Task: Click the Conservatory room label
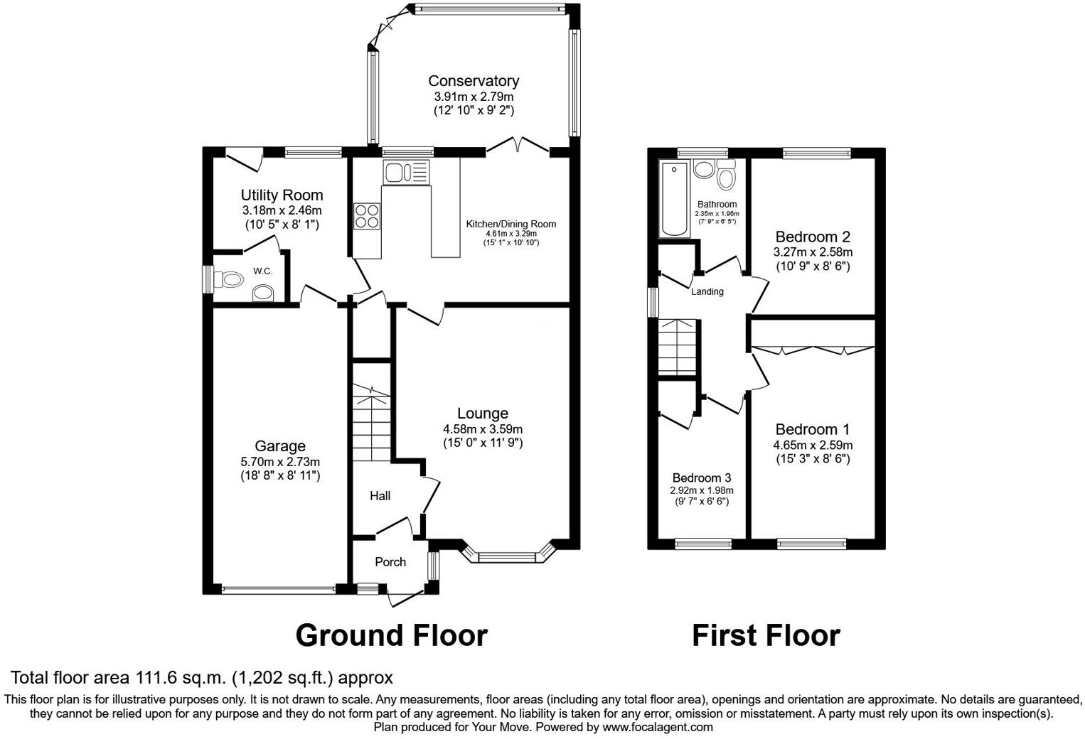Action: [473, 81]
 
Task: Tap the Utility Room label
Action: [282, 195]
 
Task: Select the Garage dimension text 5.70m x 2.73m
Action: [280, 462]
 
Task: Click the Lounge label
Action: [482, 414]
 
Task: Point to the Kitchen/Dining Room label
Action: [511, 224]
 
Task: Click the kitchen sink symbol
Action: [405, 171]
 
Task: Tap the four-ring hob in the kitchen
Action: [367, 216]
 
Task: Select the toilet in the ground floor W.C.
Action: [226, 279]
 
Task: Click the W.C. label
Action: [262, 271]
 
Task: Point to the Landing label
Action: [707, 291]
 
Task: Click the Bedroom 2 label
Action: [813, 237]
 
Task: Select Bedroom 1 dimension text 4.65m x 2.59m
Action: [813, 446]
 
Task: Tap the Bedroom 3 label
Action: [702, 478]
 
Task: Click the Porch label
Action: [390, 562]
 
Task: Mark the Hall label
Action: [380, 496]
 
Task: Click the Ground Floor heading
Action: [391, 635]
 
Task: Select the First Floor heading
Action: [766, 635]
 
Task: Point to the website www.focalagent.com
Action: [657, 728]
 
